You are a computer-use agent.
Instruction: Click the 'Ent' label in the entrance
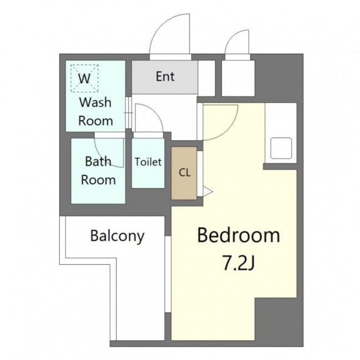tap(165, 76)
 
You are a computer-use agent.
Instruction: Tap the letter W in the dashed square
tap(84, 79)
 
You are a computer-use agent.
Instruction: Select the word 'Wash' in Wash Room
tap(95, 102)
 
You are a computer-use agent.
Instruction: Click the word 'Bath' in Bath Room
tap(98, 161)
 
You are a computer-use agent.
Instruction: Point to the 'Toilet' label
tap(148, 162)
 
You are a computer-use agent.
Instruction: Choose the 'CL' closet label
tap(184, 173)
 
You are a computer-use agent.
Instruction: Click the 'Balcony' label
tap(117, 236)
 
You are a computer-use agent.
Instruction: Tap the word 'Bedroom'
tap(239, 235)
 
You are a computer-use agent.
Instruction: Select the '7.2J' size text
tap(238, 264)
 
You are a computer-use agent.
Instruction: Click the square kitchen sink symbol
tap(281, 148)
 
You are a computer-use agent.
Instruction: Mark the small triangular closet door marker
tap(208, 191)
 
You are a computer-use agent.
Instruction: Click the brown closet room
tap(184, 173)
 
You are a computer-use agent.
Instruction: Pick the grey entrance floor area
tap(164, 77)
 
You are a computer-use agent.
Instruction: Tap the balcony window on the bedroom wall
tap(168, 274)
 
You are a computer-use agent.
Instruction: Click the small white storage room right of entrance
tap(238, 78)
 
